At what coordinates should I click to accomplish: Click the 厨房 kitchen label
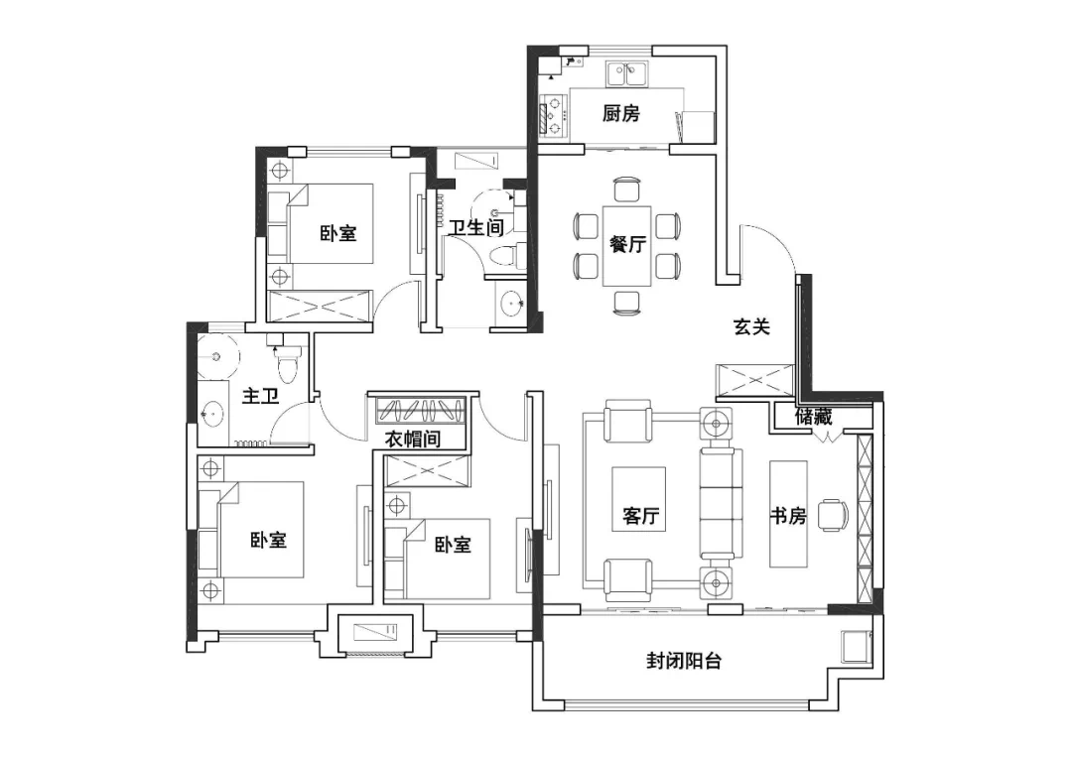[620, 113]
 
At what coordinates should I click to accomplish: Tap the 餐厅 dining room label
[627, 244]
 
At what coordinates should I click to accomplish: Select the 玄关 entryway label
[751, 326]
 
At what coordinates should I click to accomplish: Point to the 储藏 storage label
[814, 416]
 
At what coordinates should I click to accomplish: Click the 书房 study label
[787, 515]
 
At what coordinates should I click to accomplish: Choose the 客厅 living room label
[640, 515]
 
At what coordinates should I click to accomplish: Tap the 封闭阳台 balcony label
[684, 661]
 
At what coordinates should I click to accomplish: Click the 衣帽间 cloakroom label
[413, 439]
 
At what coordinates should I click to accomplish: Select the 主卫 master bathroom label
[260, 396]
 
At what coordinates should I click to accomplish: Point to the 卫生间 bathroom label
[475, 227]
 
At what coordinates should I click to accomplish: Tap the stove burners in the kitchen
[555, 115]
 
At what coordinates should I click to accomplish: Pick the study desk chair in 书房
[834, 515]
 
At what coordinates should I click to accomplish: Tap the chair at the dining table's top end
[627, 190]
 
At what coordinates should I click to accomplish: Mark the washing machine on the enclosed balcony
[856, 645]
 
